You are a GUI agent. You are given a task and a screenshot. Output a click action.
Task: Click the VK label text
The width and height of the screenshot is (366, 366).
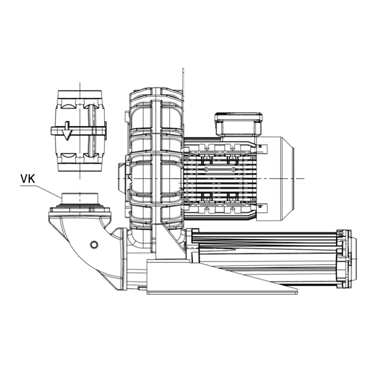point(28,179)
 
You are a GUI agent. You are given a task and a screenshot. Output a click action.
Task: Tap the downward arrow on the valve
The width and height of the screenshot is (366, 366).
point(67,131)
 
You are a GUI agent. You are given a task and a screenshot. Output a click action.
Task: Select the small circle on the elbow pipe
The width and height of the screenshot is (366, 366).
point(94,244)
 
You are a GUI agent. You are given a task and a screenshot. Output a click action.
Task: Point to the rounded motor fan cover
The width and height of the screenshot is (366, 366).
point(276,178)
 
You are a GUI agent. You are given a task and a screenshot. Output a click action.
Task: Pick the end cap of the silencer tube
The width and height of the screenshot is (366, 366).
point(347,259)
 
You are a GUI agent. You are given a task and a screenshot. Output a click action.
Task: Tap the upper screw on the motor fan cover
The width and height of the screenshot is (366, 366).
point(260,146)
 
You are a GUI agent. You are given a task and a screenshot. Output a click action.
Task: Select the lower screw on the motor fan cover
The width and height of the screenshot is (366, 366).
point(260,206)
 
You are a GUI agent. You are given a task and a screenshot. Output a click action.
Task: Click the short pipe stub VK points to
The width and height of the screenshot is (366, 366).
point(80,198)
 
